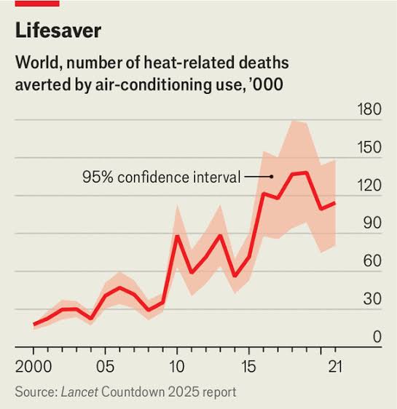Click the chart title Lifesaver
(58, 31)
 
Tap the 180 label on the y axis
(369, 109)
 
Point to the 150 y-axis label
(369, 147)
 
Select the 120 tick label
(369, 185)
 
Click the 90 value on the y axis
(372, 223)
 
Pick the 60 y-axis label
(372, 261)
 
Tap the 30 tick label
(372, 298)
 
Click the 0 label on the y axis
(377, 337)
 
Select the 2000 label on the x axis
(34, 367)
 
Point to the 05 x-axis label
(105, 367)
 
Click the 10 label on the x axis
(177, 367)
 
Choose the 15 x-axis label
(248, 367)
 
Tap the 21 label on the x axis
(335, 367)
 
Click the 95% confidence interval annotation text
(161, 177)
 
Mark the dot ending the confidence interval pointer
(272, 177)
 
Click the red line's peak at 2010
(177, 237)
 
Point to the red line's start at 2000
(34, 325)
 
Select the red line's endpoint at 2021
(334, 202)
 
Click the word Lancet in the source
(79, 392)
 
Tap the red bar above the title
(37, 4)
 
